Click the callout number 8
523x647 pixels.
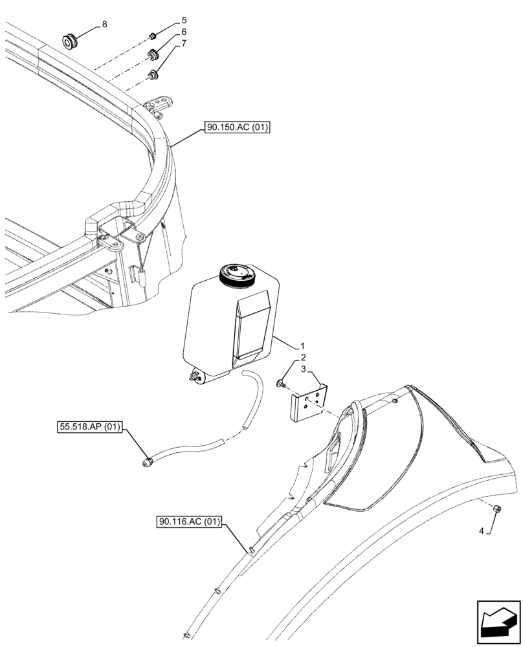pos(105,24)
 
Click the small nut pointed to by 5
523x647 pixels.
pos(152,34)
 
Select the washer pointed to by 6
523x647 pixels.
pos(153,54)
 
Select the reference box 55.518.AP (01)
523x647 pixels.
pos(89,427)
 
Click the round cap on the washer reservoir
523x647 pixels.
pos(238,274)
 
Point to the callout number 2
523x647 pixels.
pos(302,358)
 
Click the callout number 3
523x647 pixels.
pos(302,369)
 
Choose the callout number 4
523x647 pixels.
pos(481,532)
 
